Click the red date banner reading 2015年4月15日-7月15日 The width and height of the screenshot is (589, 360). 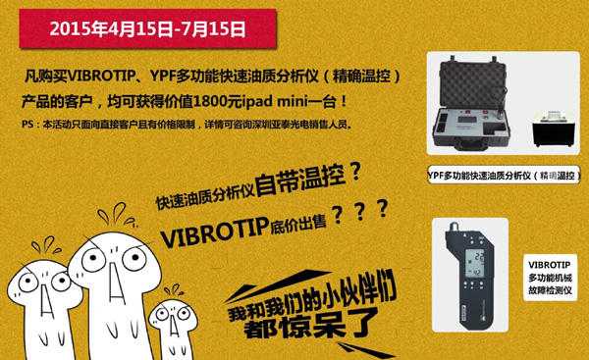pyautogui.click(x=147, y=28)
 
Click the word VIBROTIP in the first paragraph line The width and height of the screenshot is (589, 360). pyautogui.click(x=101, y=77)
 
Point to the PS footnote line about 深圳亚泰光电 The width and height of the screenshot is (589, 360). pyautogui.click(x=187, y=125)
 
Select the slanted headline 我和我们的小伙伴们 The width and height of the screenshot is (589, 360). pyautogui.click(x=312, y=296)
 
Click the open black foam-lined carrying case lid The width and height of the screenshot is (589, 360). pyautogui.click(x=472, y=83)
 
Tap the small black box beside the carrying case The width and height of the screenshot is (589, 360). pyautogui.click(x=552, y=129)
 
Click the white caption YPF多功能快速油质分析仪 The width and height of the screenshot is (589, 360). pyautogui.click(x=504, y=175)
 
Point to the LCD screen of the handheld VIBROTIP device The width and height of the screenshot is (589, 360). pyautogui.click(x=474, y=264)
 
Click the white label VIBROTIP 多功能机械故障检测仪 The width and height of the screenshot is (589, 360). pyautogui.click(x=550, y=278)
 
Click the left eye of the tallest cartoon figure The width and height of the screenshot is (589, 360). pyautogui.click(x=93, y=259)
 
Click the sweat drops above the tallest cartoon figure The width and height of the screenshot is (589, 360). pyautogui.click(x=117, y=215)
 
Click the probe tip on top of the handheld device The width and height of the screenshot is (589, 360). pyautogui.click(x=454, y=228)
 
